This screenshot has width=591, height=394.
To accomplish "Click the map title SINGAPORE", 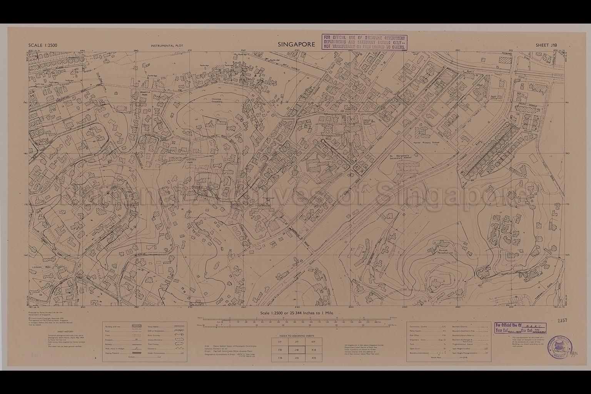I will click(296, 45).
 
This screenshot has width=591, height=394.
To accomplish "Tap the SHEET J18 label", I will click(546, 45).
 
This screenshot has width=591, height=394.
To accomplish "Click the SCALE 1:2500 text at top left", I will click(43, 45).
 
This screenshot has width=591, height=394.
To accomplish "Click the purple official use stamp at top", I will click(364, 42).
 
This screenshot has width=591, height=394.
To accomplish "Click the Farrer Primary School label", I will click(426, 142).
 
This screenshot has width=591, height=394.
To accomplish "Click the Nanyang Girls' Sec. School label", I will click(369, 122).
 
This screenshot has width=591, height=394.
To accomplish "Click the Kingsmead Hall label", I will click(268, 199).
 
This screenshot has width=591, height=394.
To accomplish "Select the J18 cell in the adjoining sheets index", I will click(296, 350).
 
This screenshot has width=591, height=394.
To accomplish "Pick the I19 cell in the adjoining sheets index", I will click(280, 358).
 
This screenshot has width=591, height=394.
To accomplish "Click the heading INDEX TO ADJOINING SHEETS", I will click(296, 336).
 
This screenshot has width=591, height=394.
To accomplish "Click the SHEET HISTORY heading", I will click(65, 331).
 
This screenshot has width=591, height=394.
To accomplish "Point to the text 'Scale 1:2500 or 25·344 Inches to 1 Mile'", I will click(296, 313).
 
